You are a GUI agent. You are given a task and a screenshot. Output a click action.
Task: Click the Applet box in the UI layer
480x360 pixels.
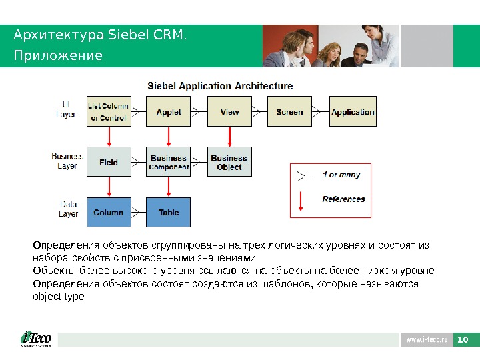tap(168, 112)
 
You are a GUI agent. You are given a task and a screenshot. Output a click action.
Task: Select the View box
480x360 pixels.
tap(229, 112)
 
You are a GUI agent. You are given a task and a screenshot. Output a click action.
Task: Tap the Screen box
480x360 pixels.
tap(289, 112)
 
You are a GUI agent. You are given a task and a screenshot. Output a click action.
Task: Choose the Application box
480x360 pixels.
tap(353, 112)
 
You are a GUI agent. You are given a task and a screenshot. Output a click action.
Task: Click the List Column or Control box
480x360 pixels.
tap(108, 112)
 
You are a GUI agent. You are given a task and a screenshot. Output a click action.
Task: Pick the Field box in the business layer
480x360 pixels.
tap(108, 162)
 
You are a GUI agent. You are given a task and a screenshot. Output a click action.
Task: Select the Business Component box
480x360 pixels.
tap(168, 162)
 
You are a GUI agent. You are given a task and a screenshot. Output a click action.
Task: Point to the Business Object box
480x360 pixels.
tap(229, 162)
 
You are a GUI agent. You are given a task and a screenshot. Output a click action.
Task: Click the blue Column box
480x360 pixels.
tap(108, 212)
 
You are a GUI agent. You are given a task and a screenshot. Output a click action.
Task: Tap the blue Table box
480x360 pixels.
tap(168, 212)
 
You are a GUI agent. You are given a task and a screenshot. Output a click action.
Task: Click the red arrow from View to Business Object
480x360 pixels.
tap(229, 137)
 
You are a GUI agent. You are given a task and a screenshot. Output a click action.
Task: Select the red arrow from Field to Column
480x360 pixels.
tap(109, 187)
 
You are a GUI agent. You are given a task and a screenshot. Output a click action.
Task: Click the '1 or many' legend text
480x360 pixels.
tap(341, 175)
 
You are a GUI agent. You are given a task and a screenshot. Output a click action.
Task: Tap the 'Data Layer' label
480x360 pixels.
tap(68, 209)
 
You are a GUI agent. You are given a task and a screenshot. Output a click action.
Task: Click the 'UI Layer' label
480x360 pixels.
tap(65, 109)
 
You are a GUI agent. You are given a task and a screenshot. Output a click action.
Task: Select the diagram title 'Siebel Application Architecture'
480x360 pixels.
tap(219, 86)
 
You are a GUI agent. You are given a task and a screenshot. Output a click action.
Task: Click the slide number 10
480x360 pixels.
tap(463, 340)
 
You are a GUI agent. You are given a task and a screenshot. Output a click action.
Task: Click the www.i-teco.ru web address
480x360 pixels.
tap(426, 340)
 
